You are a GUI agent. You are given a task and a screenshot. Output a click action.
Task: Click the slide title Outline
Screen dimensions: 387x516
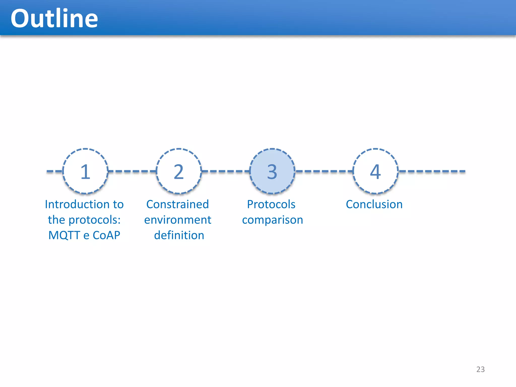[54, 18]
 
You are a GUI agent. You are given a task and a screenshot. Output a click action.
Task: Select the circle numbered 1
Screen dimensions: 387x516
[85, 171]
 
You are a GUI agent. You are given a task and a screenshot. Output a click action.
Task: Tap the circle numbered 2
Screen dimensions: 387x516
[179, 171]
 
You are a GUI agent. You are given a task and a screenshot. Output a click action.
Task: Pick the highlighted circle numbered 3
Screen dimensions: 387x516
[272, 171]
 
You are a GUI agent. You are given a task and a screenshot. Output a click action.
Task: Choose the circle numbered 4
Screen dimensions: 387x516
[375, 171]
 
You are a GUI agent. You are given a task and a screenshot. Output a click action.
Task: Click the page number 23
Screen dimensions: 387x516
[480, 369]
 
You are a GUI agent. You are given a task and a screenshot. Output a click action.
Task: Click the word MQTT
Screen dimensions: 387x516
[64, 235]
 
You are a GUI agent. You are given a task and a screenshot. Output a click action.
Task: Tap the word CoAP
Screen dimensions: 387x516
[106, 235]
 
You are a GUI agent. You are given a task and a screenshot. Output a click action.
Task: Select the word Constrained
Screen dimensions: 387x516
[178, 204]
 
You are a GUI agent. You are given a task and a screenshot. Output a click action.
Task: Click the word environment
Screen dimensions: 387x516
[178, 220]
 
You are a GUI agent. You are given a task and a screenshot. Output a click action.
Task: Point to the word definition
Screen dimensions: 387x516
[179, 235]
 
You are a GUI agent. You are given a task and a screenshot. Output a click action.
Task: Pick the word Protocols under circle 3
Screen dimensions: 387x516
[271, 204]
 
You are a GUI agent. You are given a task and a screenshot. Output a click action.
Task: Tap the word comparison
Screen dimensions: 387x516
[272, 220]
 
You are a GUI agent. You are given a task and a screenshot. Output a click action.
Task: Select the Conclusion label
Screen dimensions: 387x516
[374, 204]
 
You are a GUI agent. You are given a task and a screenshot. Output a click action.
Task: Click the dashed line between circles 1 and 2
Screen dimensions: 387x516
[132, 171]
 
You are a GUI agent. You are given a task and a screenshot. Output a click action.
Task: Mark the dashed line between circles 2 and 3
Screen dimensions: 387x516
[225, 171]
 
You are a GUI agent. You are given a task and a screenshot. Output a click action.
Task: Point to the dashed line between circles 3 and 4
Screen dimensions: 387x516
[324, 171]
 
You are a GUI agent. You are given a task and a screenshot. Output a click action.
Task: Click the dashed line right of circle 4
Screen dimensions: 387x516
[432, 171]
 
